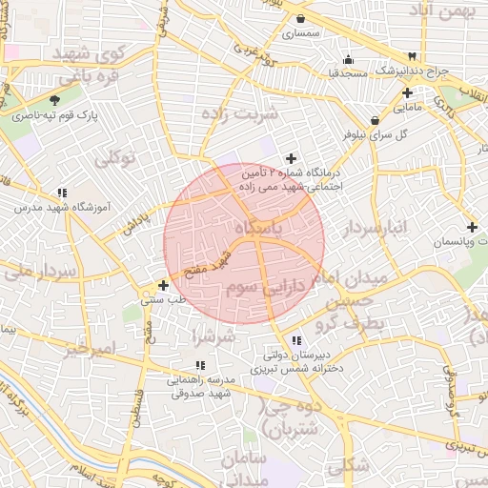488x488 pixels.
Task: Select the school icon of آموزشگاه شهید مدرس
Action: pyautogui.click(x=62, y=193)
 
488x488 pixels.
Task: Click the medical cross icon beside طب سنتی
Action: pyautogui.click(x=164, y=285)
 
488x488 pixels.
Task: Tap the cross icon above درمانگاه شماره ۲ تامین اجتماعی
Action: pyautogui.click(x=291, y=158)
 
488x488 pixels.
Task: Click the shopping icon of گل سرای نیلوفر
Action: pyautogui.click(x=375, y=121)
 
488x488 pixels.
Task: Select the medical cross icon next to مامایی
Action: pyautogui.click(x=408, y=93)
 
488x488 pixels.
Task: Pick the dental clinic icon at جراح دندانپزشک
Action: pyautogui.click(x=412, y=57)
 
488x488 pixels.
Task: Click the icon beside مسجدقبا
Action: pyautogui.click(x=348, y=58)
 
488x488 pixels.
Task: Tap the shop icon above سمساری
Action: pyautogui.click(x=301, y=18)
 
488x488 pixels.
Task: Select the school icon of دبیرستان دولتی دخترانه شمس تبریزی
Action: pyautogui.click(x=296, y=340)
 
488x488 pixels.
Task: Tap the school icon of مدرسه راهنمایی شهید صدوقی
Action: pyautogui.click(x=199, y=365)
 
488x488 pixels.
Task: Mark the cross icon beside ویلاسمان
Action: pyautogui.click(x=473, y=227)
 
